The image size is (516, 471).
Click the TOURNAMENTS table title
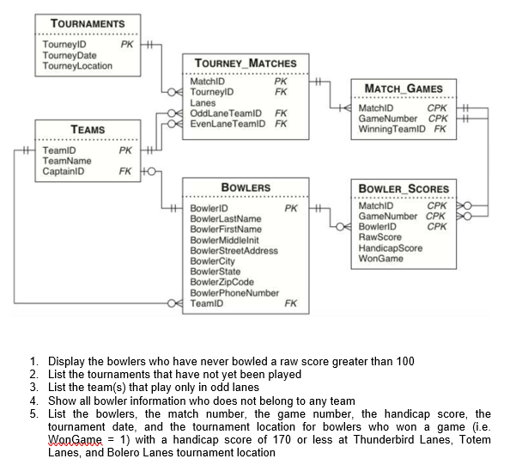88,23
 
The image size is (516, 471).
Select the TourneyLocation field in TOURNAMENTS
77,66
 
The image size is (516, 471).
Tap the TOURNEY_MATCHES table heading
246,63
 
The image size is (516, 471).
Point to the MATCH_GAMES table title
404,89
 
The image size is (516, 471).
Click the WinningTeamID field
394,129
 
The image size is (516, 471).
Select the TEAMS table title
88,130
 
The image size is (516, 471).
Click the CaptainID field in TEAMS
64,171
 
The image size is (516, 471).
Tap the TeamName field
67,161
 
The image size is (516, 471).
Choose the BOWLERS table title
246,187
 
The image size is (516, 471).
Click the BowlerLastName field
226,218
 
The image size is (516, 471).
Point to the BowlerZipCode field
223,282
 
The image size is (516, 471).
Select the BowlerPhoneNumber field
234,292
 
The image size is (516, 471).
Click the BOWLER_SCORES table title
403,188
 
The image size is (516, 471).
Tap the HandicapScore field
390,248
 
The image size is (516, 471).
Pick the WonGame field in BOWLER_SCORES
380,258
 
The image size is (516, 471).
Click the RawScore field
379,236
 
